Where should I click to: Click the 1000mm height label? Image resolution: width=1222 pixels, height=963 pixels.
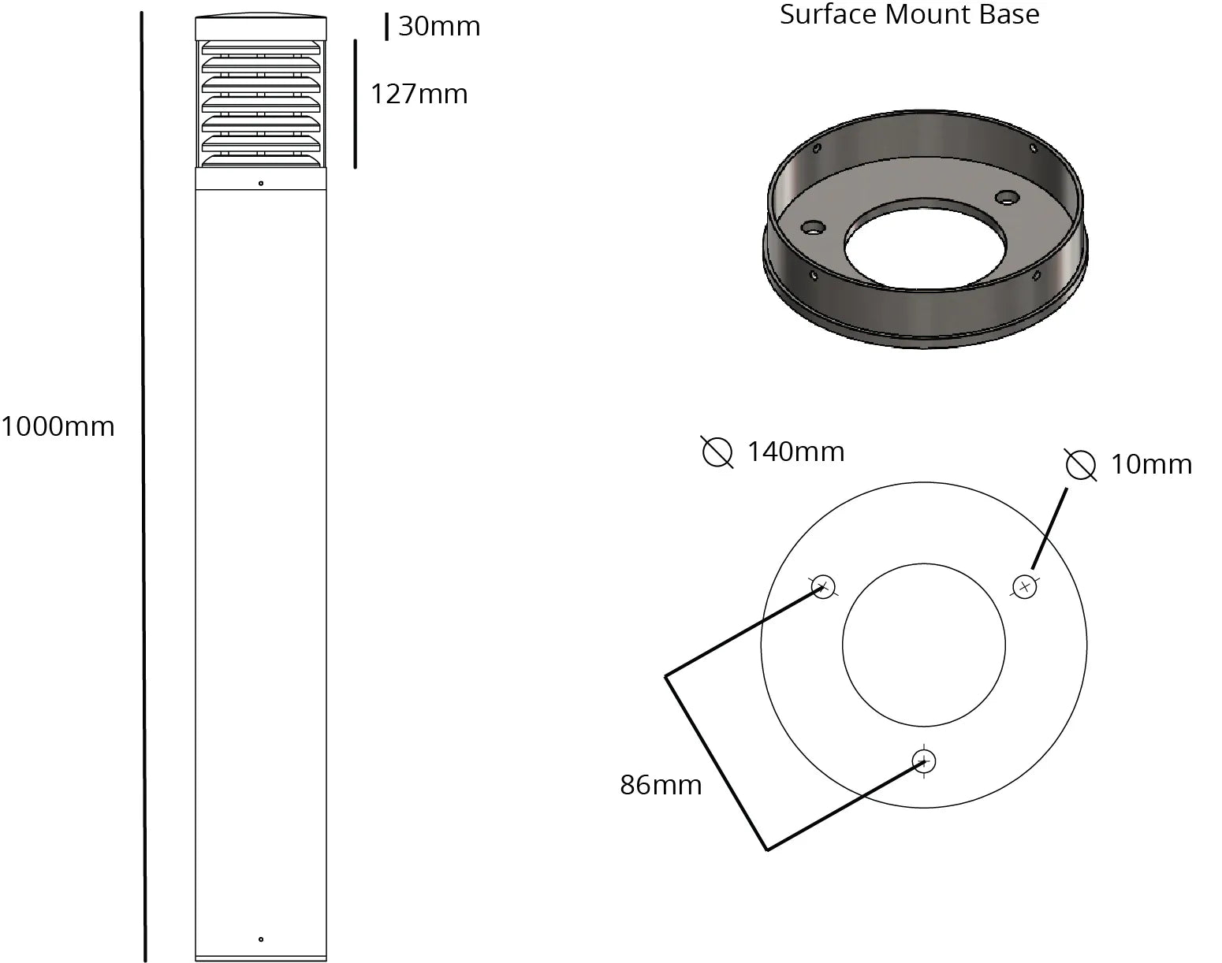[58, 426]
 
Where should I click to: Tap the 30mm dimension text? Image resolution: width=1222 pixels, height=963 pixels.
[439, 26]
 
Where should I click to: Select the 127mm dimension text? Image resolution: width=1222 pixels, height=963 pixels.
[419, 94]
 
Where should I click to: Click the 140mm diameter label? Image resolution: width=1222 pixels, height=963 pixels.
[795, 452]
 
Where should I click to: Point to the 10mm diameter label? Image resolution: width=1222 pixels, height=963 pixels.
[1151, 464]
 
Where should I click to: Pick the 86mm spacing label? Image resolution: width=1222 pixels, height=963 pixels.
[661, 785]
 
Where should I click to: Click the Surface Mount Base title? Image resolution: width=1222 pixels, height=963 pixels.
[909, 14]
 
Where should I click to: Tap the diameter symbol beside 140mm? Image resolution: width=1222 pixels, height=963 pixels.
[717, 452]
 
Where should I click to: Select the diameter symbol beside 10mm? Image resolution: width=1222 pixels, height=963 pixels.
[1080, 465]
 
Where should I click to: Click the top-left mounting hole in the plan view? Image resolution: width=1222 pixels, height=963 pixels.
[822, 587]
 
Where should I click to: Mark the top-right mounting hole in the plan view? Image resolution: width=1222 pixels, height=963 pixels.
[1024, 586]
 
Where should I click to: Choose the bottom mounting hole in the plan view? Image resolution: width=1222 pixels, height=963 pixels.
[923, 761]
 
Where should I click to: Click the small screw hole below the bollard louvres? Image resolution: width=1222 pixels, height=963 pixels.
[261, 184]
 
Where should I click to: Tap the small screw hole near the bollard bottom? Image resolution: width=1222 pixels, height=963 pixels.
[261, 939]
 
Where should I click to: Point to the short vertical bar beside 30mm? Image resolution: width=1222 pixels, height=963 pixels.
[386, 26]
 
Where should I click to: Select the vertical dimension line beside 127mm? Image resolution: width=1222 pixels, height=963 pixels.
[355, 103]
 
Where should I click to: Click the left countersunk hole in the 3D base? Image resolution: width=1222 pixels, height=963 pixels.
[811, 228]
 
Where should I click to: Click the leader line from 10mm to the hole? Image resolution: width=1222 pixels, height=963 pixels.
[1049, 528]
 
